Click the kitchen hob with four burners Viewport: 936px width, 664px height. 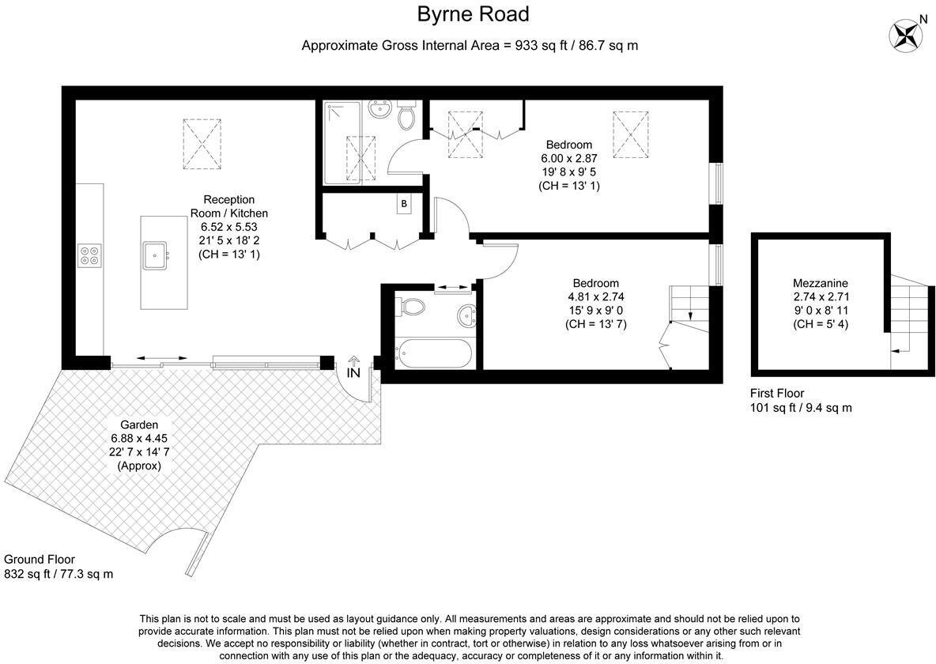(x=89, y=255)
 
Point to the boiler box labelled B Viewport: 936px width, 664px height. (x=404, y=204)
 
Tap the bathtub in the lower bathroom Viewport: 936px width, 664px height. (x=432, y=353)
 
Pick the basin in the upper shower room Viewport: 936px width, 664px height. (x=381, y=110)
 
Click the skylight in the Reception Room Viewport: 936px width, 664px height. (x=202, y=143)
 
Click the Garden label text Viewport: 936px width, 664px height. (x=139, y=424)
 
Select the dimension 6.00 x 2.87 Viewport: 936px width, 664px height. (x=568, y=158)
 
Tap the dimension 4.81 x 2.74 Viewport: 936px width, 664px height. (x=595, y=296)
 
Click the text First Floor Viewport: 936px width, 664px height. (x=776, y=394)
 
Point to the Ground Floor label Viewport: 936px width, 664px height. (x=40, y=560)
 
